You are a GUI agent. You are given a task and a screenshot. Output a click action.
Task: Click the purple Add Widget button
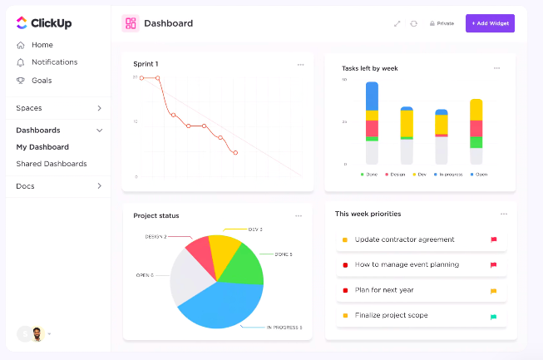pos(490,23)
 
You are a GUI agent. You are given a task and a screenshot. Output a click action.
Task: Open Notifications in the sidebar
pos(54,62)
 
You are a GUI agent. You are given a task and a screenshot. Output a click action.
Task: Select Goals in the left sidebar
pos(42,81)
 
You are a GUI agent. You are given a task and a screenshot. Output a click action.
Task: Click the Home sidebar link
pos(42,45)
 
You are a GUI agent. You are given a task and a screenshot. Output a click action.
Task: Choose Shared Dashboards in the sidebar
pos(52,164)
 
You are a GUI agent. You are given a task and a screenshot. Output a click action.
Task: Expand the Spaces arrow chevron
pos(99,108)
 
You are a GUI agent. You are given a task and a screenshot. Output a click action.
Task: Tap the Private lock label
pos(442,23)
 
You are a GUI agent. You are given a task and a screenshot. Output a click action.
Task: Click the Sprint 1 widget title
pos(146,64)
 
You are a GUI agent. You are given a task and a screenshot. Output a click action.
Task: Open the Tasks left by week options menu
pos(496,68)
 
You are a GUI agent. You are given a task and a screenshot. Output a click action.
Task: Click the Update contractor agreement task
pos(405,239)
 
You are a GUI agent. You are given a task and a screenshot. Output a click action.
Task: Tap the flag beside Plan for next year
pos(493,291)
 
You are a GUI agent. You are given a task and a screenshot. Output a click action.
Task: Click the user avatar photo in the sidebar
pos(37,333)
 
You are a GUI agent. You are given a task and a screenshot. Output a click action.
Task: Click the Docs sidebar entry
pos(26,186)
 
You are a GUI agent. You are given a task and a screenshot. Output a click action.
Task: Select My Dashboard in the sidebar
pos(42,147)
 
